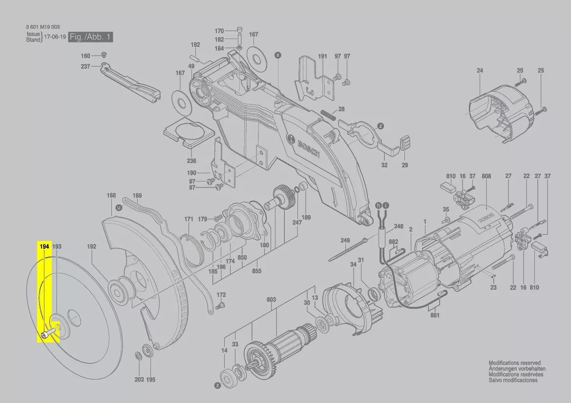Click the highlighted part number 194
pos(44,246)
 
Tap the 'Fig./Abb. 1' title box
pos(91,37)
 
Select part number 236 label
pos(191,161)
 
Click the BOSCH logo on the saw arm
pos(304,145)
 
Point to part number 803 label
pos(271,300)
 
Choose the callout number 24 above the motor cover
pos(480,71)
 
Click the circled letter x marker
pos(278,56)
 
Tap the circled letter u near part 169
pos(118,208)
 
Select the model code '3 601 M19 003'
pos(43,27)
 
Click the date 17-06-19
pos(55,37)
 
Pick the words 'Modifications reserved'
pos(514,363)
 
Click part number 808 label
pos(486,176)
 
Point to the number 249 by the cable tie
pos(345,241)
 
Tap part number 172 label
pos(221,295)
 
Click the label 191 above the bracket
pos(323,57)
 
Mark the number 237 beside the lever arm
pos(85,66)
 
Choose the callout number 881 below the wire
pos(435,315)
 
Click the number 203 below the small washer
pos(139,380)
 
